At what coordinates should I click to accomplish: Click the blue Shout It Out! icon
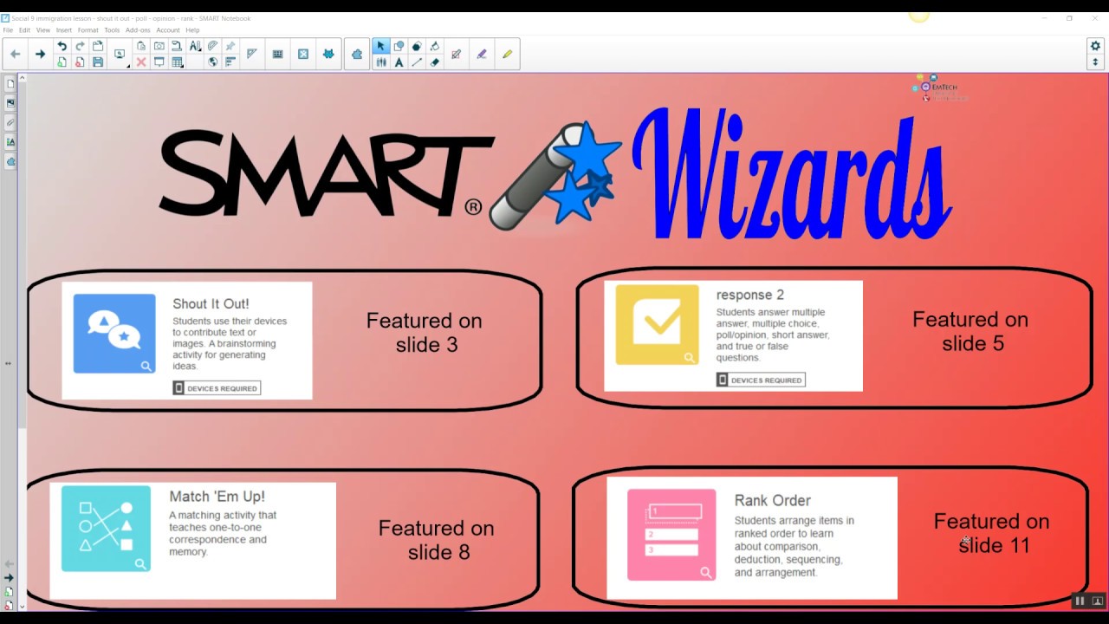tap(114, 334)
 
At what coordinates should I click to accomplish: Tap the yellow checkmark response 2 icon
tap(657, 324)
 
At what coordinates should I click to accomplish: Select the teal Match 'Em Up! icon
tap(106, 529)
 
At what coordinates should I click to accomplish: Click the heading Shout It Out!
tap(211, 304)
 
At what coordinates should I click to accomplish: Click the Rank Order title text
tap(772, 501)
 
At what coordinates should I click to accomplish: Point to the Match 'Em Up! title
tap(217, 497)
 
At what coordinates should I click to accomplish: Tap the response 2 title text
tap(749, 295)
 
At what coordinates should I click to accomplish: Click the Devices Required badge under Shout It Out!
tap(217, 388)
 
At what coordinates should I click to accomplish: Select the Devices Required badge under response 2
tap(761, 380)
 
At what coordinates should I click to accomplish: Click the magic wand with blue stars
tap(554, 178)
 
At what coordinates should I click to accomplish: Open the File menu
tap(8, 30)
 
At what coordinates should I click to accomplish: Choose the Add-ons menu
tap(138, 30)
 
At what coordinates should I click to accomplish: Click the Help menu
tap(192, 30)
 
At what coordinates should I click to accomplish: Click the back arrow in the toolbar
tap(15, 54)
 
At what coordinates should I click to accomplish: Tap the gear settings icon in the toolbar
tap(1095, 46)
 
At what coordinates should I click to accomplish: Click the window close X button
tap(1094, 17)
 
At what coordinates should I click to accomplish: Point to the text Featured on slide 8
tap(437, 540)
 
